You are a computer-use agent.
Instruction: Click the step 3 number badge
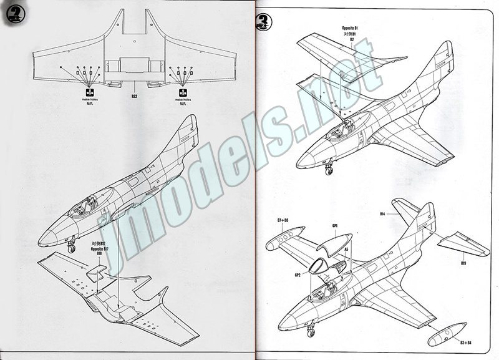(263, 23)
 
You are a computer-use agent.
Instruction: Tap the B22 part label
(134, 97)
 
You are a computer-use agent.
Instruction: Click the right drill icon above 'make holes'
(182, 93)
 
